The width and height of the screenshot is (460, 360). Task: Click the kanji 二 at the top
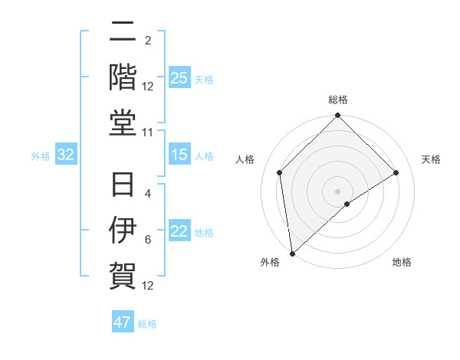click(123, 33)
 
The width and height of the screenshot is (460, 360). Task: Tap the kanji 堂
click(123, 123)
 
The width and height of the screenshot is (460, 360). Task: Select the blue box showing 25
click(179, 78)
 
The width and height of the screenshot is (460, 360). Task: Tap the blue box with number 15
click(179, 155)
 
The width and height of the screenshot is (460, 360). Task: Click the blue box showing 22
click(179, 232)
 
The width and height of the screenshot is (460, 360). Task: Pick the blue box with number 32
click(66, 155)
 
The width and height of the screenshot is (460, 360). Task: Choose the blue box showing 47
click(123, 322)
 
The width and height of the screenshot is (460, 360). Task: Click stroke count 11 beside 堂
click(148, 133)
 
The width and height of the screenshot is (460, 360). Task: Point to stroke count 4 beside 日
click(148, 194)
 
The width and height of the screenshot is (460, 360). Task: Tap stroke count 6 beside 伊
click(148, 239)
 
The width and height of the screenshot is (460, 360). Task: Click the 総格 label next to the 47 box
click(147, 324)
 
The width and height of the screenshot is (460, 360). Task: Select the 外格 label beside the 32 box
click(41, 156)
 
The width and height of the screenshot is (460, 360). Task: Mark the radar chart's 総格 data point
click(338, 116)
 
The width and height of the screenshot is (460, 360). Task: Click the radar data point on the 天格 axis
click(396, 172)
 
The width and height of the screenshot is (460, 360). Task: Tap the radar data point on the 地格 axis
click(347, 204)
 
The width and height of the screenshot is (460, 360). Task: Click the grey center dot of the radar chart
click(338, 191)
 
